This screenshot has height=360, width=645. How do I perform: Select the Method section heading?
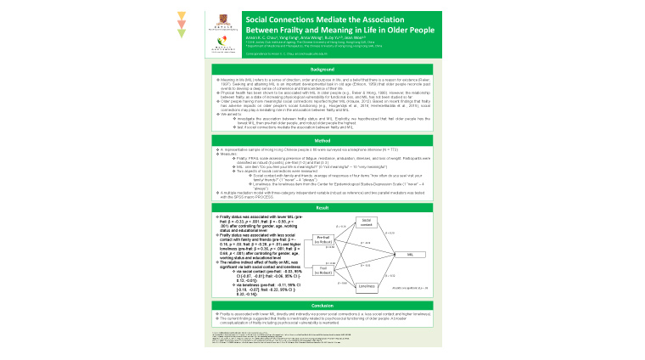(x=322, y=140)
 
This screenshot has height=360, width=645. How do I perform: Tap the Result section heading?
(x=322, y=206)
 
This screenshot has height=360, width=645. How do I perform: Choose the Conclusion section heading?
(x=322, y=306)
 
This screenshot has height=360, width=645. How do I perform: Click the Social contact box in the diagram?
(x=367, y=222)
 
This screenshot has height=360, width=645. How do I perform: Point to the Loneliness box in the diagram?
(x=367, y=286)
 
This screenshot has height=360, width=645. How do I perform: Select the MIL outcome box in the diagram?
(x=410, y=254)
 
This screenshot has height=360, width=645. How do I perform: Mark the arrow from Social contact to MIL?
(x=389, y=237)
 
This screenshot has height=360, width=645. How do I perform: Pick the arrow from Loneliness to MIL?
(x=389, y=271)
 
